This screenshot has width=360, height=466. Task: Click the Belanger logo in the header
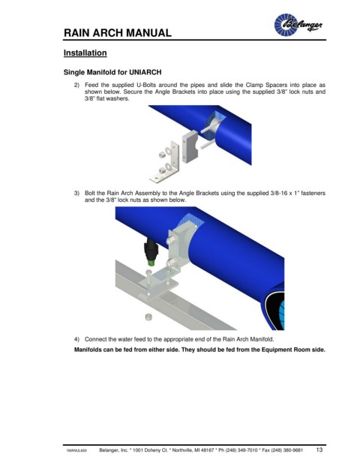tap(298, 24)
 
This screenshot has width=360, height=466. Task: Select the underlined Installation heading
tap(85, 53)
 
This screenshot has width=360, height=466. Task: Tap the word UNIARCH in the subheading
tap(145, 72)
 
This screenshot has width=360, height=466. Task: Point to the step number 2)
tap(76, 85)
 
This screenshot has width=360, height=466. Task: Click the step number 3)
tap(76, 193)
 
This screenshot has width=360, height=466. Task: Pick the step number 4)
tap(76, 339)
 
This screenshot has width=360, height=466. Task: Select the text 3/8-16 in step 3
tap(278, 193)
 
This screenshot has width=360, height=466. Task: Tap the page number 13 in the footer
tap(319, 449)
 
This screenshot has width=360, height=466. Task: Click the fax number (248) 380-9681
tap(286, 450)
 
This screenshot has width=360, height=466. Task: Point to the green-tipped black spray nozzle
tap(150, 252)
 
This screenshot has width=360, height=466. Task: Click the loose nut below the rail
tap(148, 317)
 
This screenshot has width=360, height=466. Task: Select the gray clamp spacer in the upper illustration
tap(190, 147)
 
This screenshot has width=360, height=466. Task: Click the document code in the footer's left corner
tap(76, 450)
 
